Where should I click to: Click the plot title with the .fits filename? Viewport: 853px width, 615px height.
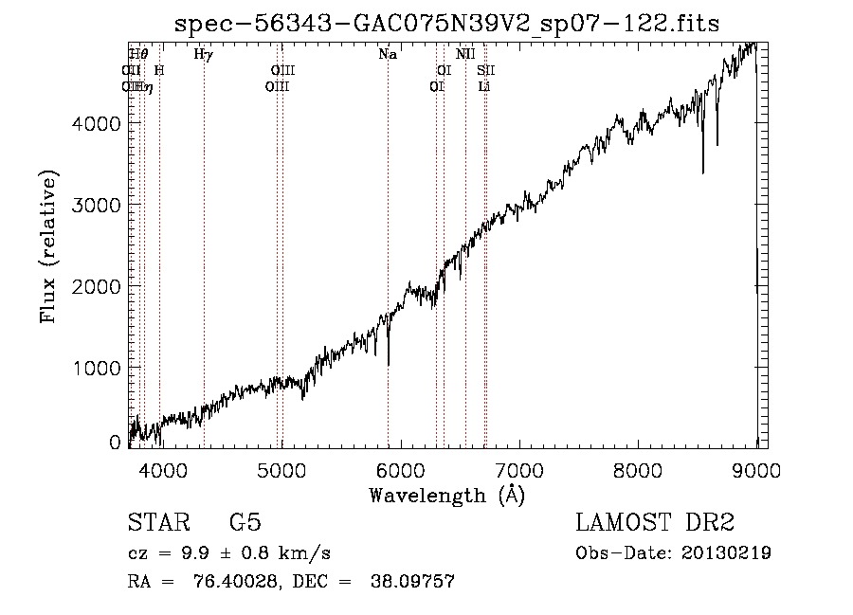pyautogui.click(x=447, y=24)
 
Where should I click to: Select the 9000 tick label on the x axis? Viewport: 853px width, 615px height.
pyautogui.click(x=756, y=469)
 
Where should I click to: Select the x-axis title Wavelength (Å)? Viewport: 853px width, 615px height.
pyautogui.click(x=446, y=495)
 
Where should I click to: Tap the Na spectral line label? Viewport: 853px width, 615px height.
pyautogui.click(x=388, y=55)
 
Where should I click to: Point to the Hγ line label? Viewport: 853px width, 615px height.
pyautogui.click(x=203, y=55)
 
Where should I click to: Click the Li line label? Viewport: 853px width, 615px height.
pyautogui.click(x=483, y=87)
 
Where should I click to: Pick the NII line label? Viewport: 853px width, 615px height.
pyautogui.click(x=464, y=55)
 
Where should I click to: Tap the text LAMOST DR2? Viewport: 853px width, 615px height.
pyautogui.click(x=654, y=524)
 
